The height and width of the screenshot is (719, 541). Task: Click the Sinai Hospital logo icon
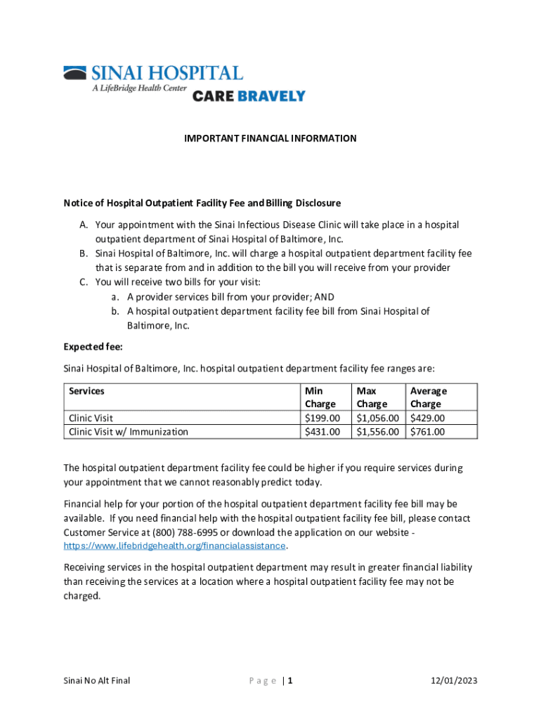coord(74,73)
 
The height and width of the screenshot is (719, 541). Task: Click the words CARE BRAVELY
coord(249,96)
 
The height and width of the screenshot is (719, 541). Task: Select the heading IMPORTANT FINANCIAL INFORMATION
coord(270,138)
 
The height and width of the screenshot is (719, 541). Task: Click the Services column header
coord(86,390)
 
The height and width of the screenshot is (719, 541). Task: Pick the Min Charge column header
coord(320,397)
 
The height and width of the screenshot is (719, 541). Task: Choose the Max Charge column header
coord(372,397)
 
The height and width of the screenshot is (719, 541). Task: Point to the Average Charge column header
coord(428,397)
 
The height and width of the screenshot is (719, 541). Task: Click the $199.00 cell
coord(322,418)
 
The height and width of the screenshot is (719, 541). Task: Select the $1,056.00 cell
coord(378,418)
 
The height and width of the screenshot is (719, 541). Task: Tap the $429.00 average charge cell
coord(427,418)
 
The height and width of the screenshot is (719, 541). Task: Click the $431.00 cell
coord(322,432)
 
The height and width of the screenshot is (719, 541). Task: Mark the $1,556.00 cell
coord(378,432)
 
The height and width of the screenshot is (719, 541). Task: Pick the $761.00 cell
coord(427,432)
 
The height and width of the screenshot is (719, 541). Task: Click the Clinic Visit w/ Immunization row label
coord(128,432)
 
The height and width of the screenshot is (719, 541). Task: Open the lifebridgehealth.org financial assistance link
coord(174,546)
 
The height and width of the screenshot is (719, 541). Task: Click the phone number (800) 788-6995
coord(184,532)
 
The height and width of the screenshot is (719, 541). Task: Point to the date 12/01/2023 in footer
coord(453,680)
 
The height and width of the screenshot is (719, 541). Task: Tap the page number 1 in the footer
coord(289,680)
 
